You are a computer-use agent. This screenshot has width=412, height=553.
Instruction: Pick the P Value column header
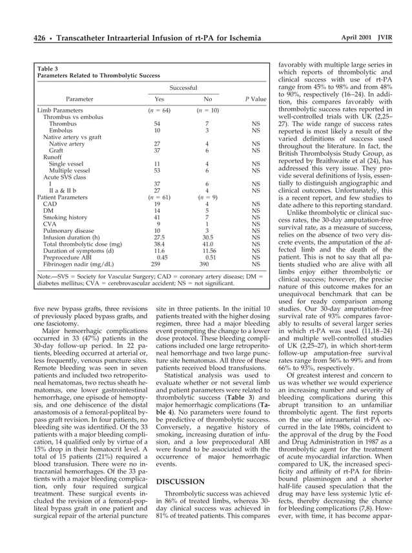[x=256, y=99]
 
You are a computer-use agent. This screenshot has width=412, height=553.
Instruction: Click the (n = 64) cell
[x=157, y=111]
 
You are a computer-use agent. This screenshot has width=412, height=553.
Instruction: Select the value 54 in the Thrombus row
[x=157, y=124]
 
